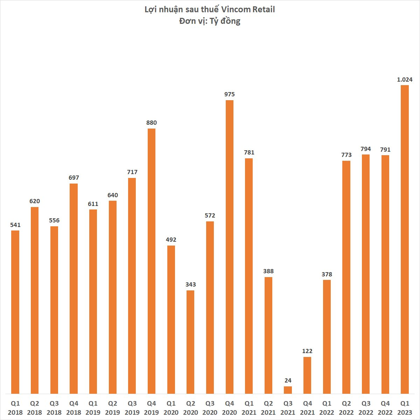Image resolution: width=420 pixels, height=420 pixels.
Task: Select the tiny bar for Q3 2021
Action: [x=288, y=390]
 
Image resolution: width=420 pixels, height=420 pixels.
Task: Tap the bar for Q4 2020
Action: [x=229, y=247]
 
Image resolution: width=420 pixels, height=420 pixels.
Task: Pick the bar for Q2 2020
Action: [x=190, y=342]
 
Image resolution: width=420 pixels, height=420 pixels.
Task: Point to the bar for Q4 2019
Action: [x=152, y=261]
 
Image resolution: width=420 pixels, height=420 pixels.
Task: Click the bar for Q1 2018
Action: [x=15, y=312]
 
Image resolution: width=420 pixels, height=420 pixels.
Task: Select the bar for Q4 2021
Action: [x=307, y=375]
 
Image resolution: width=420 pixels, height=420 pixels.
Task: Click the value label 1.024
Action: [x=405, y=80]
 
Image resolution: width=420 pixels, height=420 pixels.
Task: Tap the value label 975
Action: [x=229, y=94]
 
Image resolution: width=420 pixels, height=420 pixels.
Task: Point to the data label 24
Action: [x=288, y=380]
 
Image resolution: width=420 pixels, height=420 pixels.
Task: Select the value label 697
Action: [x=74, y=178]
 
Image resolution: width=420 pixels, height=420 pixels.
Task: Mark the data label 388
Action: [x=268, y=271]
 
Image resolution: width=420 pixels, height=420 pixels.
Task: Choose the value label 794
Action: [x=365, y=149]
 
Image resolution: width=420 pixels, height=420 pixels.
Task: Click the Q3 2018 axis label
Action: [x=54, y=408]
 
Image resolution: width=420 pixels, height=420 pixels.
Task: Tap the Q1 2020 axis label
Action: [x=171, y=408]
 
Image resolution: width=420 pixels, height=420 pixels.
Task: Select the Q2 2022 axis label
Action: [x=346, y=408]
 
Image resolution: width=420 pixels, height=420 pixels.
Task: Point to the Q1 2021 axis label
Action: [x=249, y=408]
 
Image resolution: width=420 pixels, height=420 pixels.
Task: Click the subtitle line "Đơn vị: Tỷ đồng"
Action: [x=210, y=21]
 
